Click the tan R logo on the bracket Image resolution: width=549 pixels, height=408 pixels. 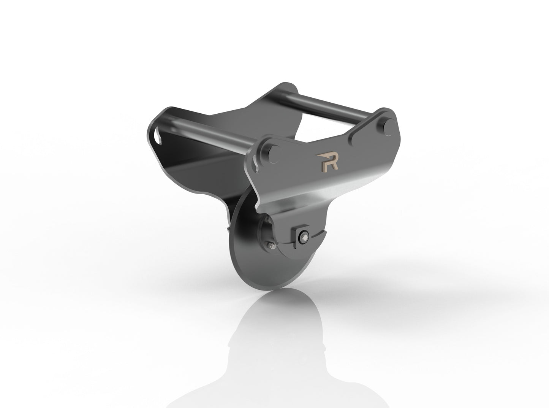[x=326, y=161]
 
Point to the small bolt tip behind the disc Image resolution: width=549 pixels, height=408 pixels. [x=227, y=229]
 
